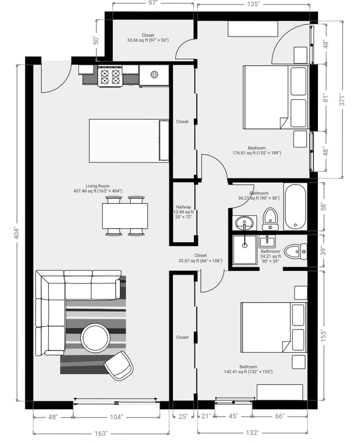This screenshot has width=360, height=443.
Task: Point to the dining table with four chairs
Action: [x=125, y=215]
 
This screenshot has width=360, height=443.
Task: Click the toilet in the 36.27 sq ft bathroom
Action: [x=270, y=219]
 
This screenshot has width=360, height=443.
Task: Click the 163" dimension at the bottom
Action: [x=100, y=434]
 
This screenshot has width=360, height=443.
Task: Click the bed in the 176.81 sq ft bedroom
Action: [x=275, y=97]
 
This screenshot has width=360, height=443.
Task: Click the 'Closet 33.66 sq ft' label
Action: [x=147, y=38]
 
